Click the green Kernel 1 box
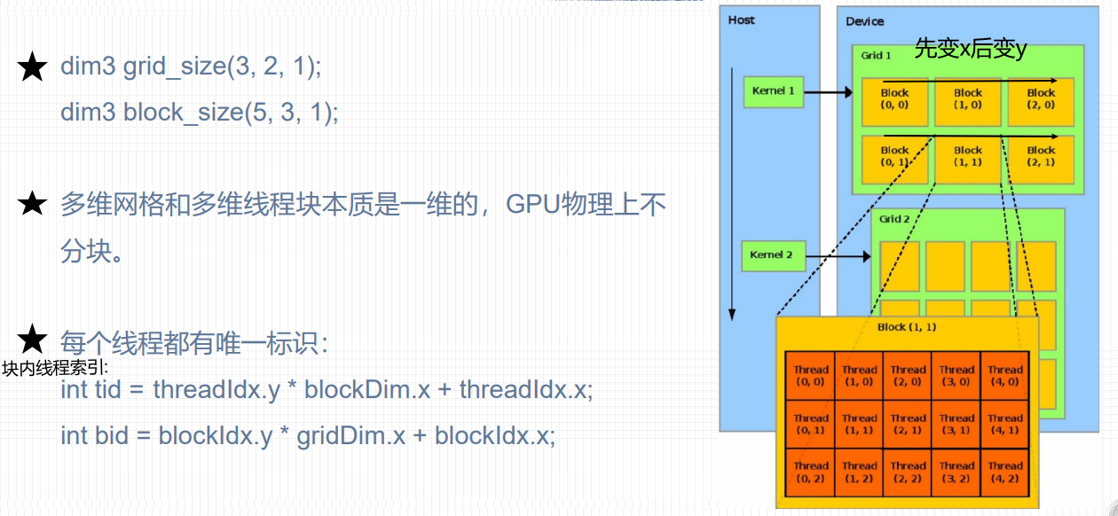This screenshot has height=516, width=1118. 773,91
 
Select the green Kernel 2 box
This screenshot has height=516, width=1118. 771,255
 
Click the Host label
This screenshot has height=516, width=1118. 741,20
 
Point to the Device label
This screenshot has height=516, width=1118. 864,21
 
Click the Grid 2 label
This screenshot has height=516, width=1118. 894,219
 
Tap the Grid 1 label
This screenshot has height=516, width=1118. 876,55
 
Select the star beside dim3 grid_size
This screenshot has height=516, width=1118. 33,66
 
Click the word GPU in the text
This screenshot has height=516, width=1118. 530,206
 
